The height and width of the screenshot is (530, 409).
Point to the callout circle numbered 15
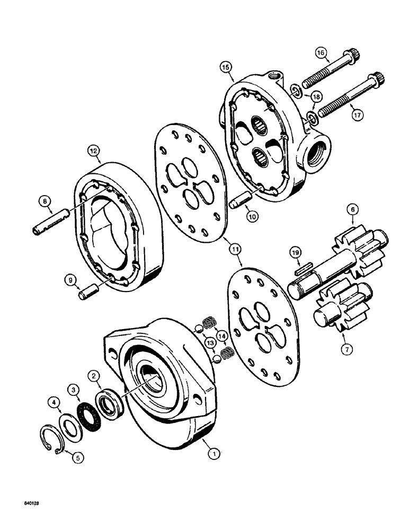[x=226, y=68]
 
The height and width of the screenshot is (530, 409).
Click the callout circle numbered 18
[x=316, y=96]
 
